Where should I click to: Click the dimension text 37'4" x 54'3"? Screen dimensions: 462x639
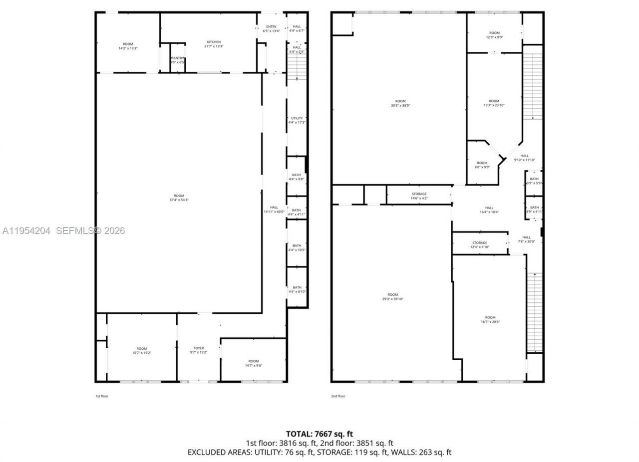tap(179, 200)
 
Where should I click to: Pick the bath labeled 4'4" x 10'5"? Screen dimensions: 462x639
tap(297, 247)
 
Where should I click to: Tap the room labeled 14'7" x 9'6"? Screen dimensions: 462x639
tap(254, 363)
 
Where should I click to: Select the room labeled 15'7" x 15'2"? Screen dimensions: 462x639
tap(142, 350)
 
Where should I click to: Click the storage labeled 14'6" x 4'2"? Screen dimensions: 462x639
tap(419, 196)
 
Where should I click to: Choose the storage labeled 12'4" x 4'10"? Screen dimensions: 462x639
tap(480, 245)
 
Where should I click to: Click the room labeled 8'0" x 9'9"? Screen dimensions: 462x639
tap(482, 165)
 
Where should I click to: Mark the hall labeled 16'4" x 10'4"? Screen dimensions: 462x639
tap(489, 210)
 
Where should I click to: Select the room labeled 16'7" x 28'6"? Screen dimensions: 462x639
tap(490, 319)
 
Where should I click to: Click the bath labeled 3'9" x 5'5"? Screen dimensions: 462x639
tap(534, 181)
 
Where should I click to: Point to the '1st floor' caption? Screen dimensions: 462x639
tap(102, 396)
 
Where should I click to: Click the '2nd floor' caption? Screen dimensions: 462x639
tap(338, 396)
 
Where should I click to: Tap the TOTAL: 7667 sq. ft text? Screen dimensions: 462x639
tap(319, 434)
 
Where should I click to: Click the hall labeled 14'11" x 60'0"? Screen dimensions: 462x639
tap(274, 210)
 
